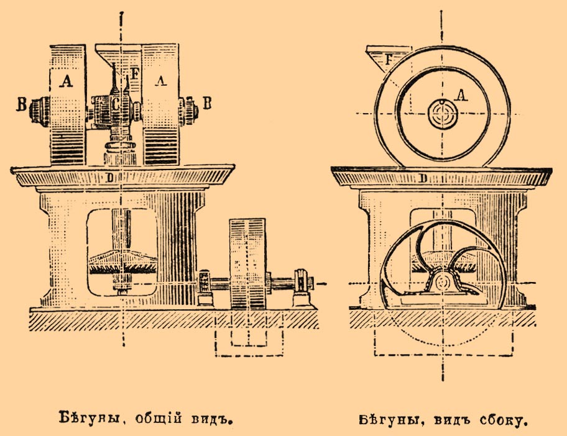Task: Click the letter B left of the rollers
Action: point(22,104)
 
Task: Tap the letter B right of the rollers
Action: point(207,102)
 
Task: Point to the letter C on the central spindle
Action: point(115,104)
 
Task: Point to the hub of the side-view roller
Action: point(442,115)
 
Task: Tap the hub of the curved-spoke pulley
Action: point(443,283)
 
